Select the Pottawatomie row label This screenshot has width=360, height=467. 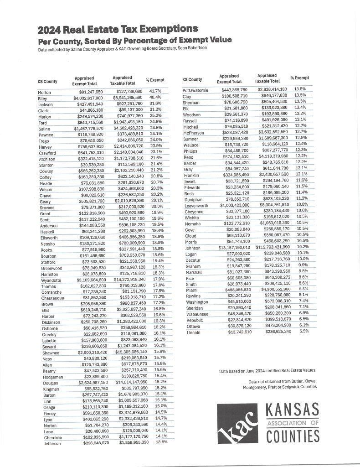click(196, 89)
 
